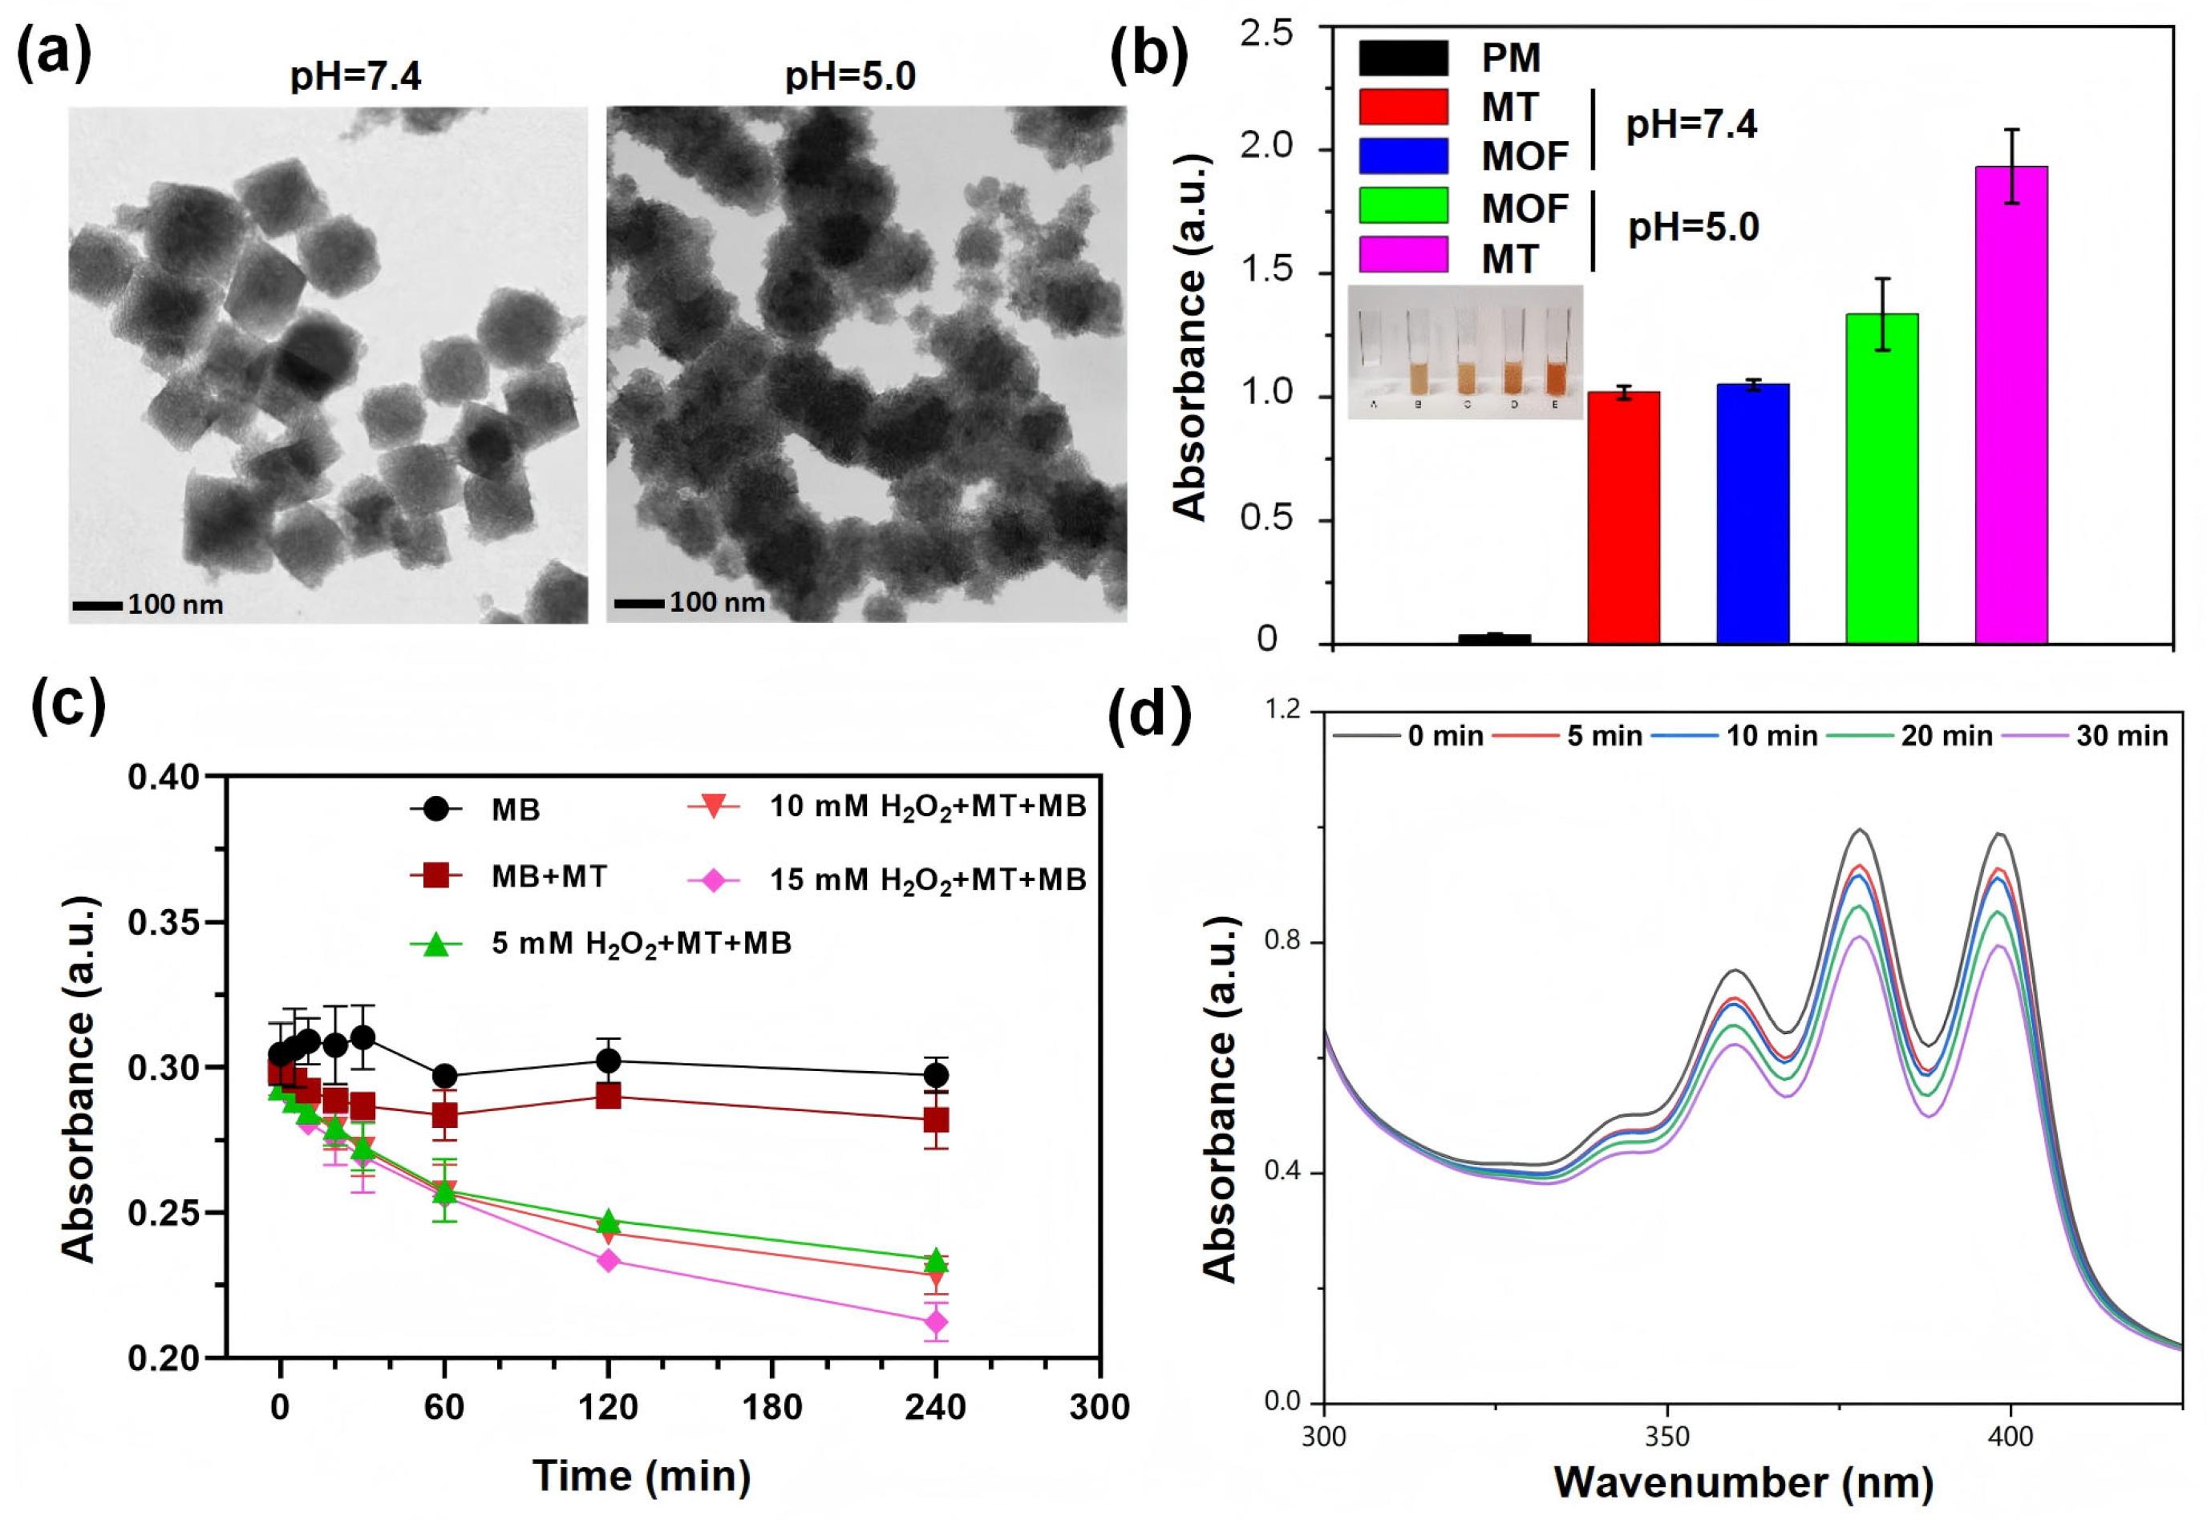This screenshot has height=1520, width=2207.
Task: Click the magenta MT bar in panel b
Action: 2011,405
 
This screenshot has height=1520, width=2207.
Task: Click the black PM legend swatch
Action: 1403,58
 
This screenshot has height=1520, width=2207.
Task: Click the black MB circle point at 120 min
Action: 608,1061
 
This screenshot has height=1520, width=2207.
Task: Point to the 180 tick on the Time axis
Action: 771,1408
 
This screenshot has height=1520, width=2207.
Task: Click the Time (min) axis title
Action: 641,1475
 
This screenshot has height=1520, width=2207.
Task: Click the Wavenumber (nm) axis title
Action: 1744,1483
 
